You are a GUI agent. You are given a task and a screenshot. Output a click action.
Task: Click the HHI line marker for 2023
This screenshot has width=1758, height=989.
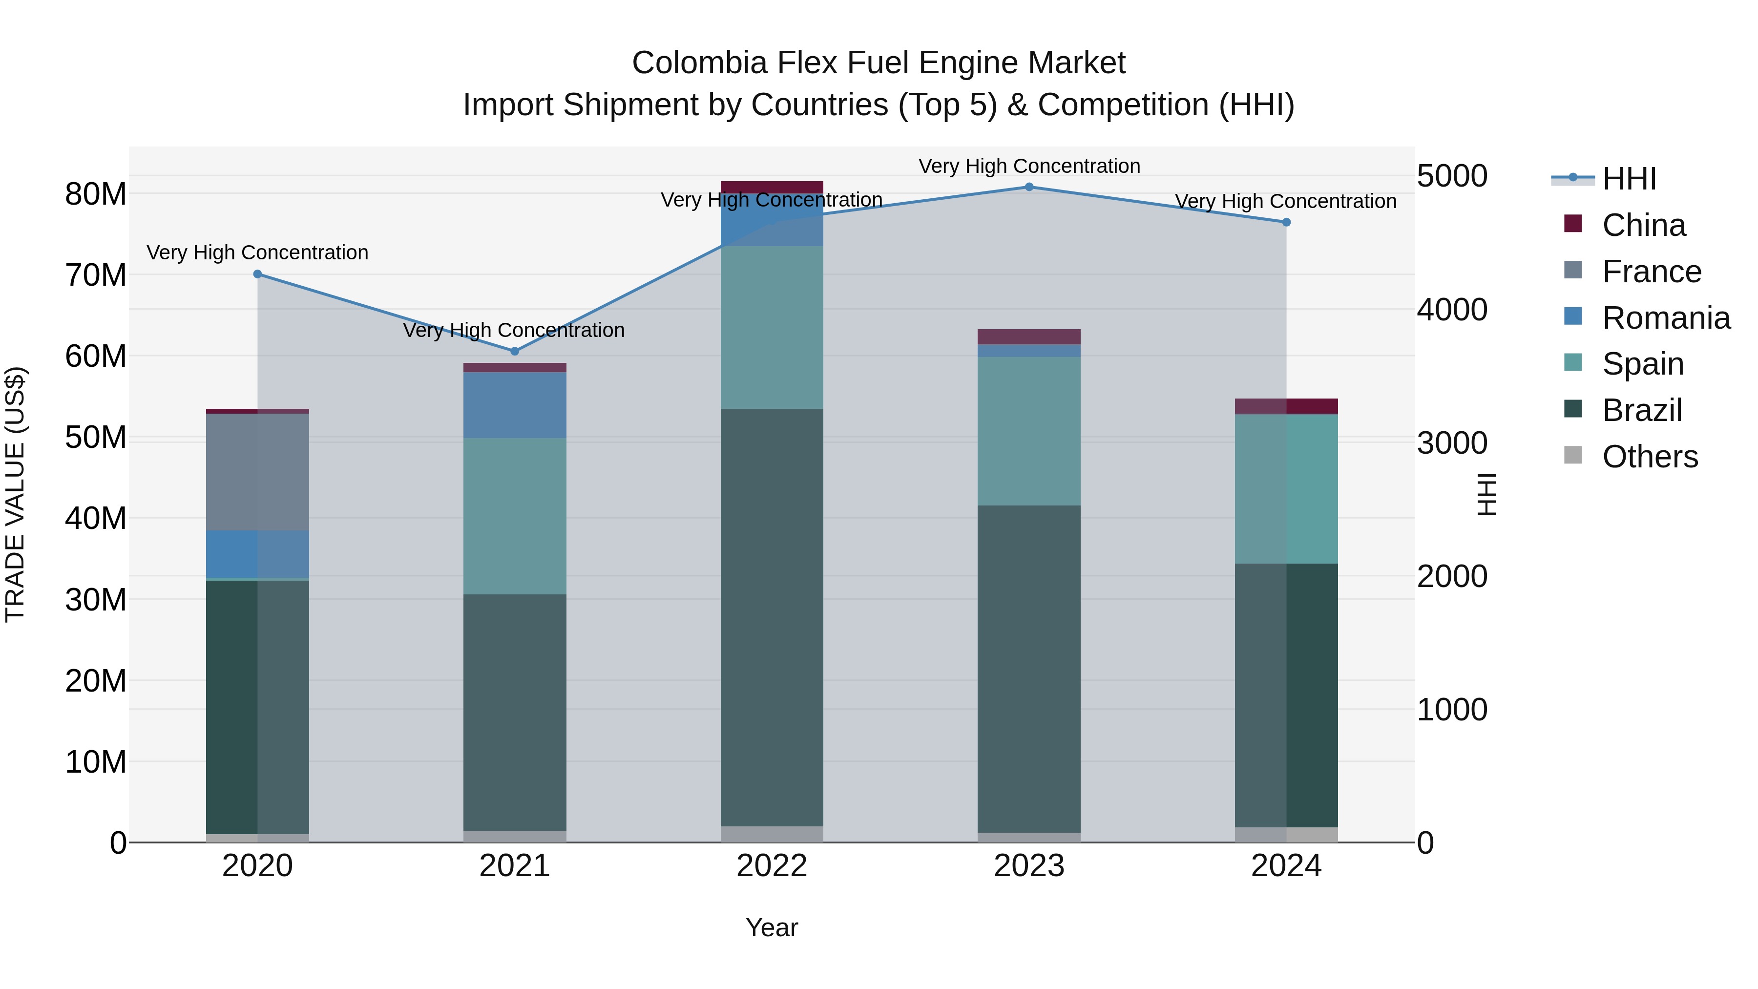tap(1029, 187)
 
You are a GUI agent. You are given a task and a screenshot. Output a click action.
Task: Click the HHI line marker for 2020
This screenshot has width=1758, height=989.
tap(257, 274)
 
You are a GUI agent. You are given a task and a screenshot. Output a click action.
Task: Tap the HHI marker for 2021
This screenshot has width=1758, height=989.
tap(515, 352)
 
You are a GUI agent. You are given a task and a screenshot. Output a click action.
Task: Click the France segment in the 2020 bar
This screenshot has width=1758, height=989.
tap(257, 472)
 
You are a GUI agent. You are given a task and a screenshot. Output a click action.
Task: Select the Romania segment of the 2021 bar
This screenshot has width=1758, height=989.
tap(515, 405)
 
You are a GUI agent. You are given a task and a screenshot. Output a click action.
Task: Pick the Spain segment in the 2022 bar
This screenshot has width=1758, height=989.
tap(772, 328)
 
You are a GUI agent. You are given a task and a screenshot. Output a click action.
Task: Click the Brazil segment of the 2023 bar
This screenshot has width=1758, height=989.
tap(1029, 669)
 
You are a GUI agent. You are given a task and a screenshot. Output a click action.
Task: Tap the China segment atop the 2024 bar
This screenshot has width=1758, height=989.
tap(1286, 406)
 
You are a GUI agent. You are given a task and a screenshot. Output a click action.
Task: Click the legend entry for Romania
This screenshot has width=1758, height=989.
tap(1666, 318)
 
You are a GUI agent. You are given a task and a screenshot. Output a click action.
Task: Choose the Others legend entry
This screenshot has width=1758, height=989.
tap(1650, 457)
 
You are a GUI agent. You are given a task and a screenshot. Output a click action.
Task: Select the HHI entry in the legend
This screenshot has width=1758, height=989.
tap(1629, 179)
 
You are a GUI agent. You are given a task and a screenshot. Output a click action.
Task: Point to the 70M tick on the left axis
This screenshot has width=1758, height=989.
tap(96, 275)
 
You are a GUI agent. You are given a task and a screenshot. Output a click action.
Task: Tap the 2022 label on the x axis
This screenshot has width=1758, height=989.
tap(772, 866)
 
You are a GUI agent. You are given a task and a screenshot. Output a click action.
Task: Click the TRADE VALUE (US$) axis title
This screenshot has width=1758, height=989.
tap(15, 495)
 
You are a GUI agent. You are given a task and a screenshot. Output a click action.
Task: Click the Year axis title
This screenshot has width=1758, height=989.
tap(772, 927)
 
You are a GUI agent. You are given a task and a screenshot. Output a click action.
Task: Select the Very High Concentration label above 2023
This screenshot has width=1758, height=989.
tap(1029, 166)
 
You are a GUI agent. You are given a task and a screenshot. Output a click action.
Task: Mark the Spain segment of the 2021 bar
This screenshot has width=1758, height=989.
tap(515, 516)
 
